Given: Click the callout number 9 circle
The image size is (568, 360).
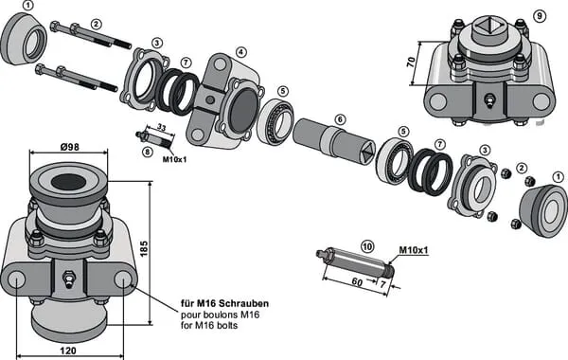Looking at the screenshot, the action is click(540, 16).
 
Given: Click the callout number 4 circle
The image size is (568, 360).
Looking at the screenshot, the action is click(241, 52).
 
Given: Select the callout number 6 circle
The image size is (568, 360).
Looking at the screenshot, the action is click(340, 119).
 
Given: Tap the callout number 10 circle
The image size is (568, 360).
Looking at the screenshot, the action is click(367, 247).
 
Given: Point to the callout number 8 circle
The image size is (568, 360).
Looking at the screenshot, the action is click(147, 153).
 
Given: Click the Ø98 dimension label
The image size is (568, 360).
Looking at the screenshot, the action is click(69, 147).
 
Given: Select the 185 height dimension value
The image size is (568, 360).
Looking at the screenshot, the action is click(144, 248).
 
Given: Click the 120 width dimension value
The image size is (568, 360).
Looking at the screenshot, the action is click(68, 351).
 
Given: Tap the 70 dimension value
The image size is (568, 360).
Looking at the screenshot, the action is click(411, 62).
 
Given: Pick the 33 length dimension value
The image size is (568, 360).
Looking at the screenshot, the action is click(162, 128).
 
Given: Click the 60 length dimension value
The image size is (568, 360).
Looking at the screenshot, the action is click(357, 281).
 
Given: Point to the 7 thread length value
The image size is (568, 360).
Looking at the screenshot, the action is click(382, 284).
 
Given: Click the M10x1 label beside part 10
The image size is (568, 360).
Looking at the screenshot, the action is click(414, 250).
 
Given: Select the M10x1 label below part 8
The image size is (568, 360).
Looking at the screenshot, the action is click(174, 159).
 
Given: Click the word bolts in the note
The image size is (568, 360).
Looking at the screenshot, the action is click(227, 325).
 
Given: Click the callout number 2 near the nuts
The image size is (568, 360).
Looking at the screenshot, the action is click(522, 168).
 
